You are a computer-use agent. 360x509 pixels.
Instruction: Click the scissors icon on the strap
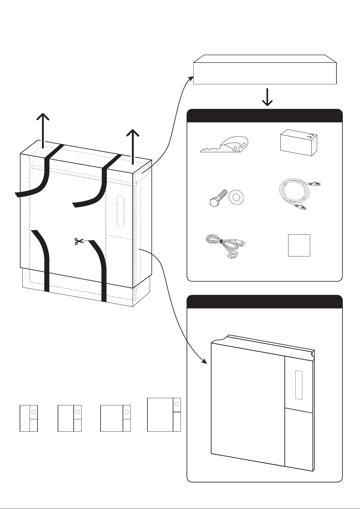click(79, 241)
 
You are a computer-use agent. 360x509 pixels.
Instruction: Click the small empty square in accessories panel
click(299, 245)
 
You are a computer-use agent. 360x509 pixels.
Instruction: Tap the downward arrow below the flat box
click(267, 97)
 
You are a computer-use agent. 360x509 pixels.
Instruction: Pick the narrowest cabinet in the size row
click(29, 418)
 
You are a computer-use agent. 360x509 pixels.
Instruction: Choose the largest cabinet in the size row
click(164, 414)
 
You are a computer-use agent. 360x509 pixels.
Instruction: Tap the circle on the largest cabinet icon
click(177, 404)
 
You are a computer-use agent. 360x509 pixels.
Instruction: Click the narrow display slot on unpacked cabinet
click(299, 385)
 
